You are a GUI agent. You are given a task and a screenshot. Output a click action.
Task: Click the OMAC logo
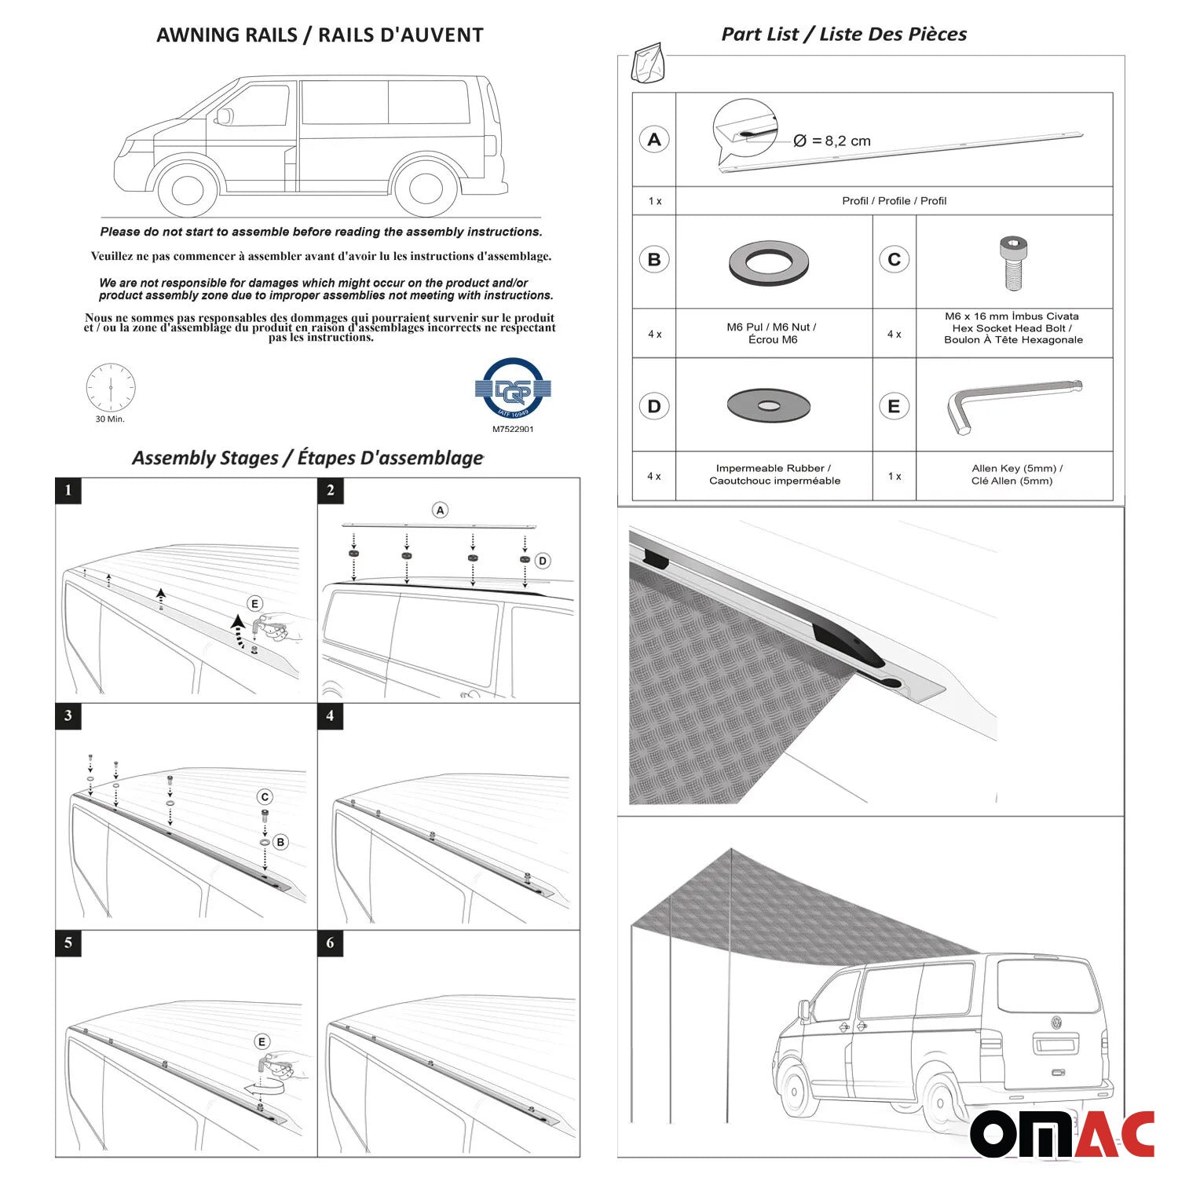tap(1062, 1133)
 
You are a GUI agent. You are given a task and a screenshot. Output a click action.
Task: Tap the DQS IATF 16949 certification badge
tap(513, 388)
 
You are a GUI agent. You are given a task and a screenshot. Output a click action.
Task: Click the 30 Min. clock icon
tap(111, 388)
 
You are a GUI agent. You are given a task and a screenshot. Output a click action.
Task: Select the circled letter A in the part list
tap(654, 140)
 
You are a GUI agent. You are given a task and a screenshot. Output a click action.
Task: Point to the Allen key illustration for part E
tap(1013, 404)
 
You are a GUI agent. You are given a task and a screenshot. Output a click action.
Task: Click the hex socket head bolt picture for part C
tap(1014, 262)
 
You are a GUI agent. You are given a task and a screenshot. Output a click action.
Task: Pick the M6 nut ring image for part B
tap(768, 262)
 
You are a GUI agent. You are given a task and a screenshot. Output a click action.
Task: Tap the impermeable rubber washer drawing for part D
tap(768, 405)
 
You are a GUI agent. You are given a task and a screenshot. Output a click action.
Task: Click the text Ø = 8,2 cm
tap(832, 141)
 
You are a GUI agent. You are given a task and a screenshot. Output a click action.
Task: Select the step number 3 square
tap(68, 715)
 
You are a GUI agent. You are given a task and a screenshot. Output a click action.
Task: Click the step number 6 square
tap(330, 942)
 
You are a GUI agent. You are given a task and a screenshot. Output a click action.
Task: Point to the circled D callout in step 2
tap(542, 561)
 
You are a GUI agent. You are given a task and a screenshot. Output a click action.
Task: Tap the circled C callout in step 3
tap(265, 797)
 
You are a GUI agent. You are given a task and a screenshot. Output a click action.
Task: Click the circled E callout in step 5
tap(262, 1041)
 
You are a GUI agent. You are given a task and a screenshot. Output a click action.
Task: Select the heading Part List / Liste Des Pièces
tap(843, 34)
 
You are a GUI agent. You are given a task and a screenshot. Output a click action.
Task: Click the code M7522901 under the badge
tap(513, 430)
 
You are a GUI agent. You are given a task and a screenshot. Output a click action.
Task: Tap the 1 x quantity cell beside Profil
tap(654, 201)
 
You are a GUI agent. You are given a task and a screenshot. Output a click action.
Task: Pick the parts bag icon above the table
tap(649, 63)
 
